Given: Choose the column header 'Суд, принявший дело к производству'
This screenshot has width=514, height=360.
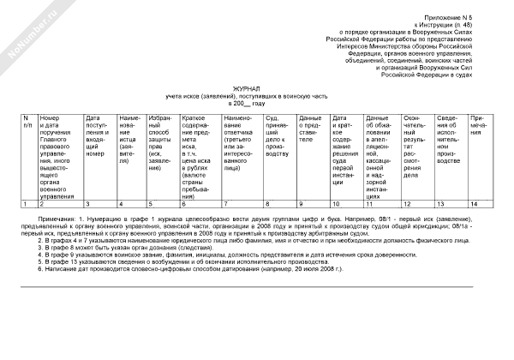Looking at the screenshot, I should click(279, 131).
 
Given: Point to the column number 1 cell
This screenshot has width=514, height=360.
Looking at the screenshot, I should click(27, 204).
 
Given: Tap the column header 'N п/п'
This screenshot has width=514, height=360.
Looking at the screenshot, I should click(27, 122).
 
